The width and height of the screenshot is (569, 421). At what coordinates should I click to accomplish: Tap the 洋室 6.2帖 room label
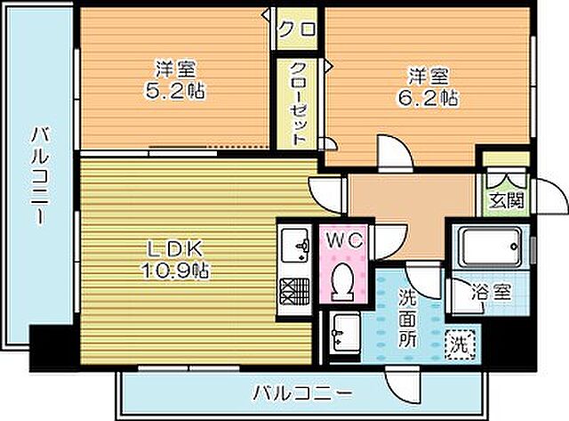(434, 86)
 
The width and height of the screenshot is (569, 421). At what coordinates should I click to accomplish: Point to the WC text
(340, 240)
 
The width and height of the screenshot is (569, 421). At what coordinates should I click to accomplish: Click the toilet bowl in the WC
(341, 283)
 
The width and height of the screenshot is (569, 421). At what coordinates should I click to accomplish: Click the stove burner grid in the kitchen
(293, 291)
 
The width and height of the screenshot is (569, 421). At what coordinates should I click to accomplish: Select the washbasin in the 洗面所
(341, 334)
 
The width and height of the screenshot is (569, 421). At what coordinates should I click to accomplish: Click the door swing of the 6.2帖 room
(389, 153)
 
